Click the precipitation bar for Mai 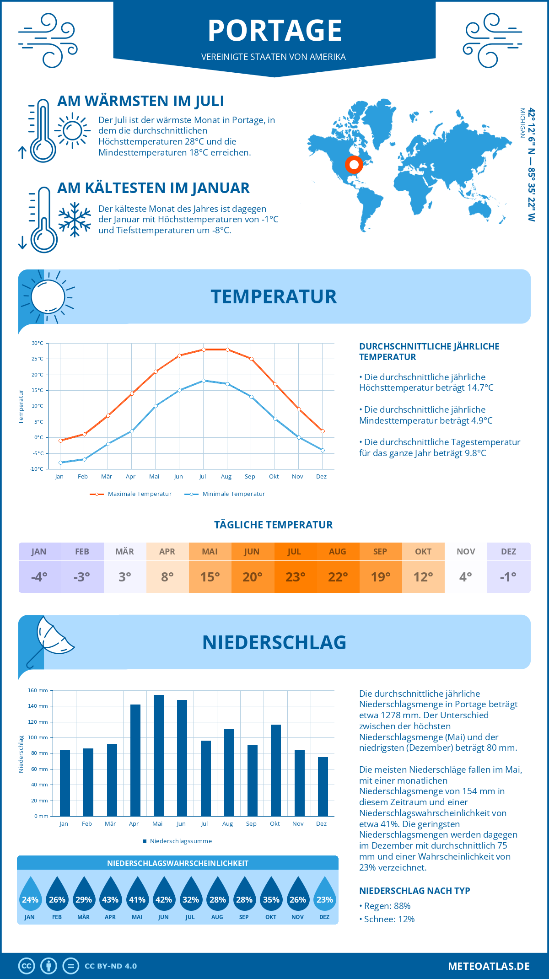[158, 755]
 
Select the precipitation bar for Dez [323, 786]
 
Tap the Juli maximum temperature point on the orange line [204, 350]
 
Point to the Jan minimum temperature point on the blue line [60, 463]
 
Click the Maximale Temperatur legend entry [131, 494]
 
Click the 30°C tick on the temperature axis [38, 343]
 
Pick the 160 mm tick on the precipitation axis [38, 690]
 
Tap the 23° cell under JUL [295, 577]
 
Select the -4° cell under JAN [39, 577]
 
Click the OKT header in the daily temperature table [423, 552]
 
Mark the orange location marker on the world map [354, 164]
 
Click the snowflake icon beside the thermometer [75, 220]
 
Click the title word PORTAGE [274, 31]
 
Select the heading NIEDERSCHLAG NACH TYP [414, 891]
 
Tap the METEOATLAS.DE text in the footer [489, 966]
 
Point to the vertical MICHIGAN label [522, 123]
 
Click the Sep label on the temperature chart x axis [250, 477]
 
